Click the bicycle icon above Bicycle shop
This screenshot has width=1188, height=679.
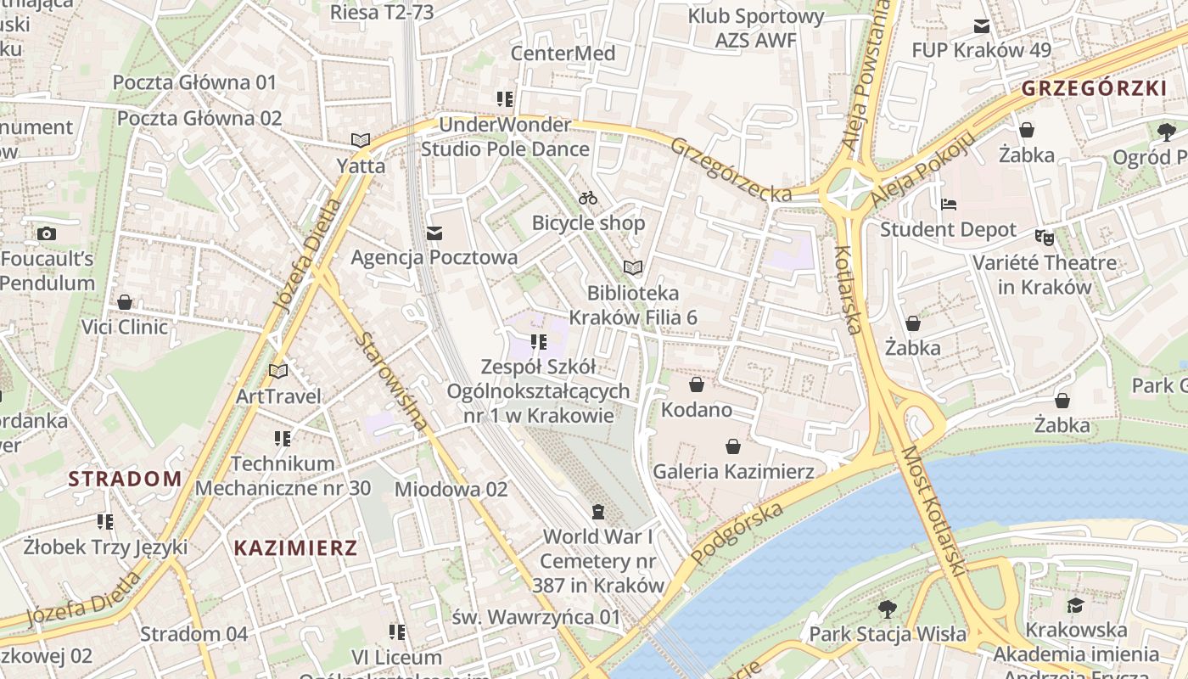(x=588, y=198)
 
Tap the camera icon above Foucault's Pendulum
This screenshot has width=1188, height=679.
(x=47, y=233)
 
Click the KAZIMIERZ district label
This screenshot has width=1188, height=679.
(x=295, y=547)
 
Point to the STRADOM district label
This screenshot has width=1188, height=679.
(x=125, y=479)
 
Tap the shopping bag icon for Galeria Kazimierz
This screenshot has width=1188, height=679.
(x=733, y=446)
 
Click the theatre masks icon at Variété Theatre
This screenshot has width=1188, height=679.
(x=1044, y=238)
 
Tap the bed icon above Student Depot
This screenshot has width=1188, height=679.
(x=949, y=205)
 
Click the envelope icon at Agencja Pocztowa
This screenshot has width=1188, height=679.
(x=434, y=233)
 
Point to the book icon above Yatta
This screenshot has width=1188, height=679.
(x=361, y=140)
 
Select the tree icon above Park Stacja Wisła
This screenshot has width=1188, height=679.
(x=888, y=609)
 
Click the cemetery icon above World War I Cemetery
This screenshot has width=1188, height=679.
(x=598, y=512)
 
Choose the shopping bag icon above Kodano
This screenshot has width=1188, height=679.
(x=697, y=385)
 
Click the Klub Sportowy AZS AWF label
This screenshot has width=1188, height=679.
(x=755, y=28)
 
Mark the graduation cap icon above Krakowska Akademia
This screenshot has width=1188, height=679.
(x=1076, y=605)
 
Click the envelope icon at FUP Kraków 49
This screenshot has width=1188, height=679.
(x=982, y=26)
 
